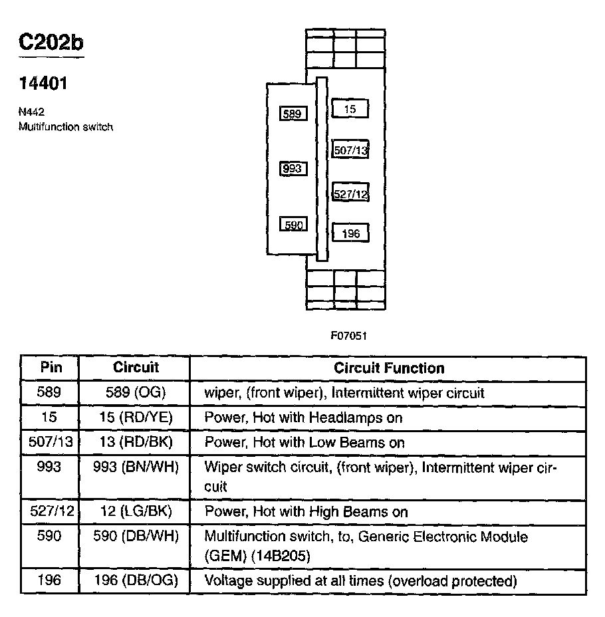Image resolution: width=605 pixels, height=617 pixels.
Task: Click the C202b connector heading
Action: click(x=51, y=43)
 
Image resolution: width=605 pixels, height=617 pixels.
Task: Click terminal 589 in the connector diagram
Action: click(x=293, y=114)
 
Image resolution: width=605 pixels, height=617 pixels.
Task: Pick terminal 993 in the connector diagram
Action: click(x=293, y=169)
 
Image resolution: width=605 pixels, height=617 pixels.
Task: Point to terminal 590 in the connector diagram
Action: click(x=293, y=225)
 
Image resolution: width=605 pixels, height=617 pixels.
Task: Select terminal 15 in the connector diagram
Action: click(x=350, y=109)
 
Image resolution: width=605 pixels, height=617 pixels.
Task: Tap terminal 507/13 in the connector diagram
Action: click(x=350, y=151)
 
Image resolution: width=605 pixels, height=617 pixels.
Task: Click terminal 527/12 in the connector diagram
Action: click(x=350, y=194)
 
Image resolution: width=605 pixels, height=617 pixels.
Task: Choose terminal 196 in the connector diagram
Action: click(x=350, y=233)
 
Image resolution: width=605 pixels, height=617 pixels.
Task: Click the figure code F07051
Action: click(x=349, y=336)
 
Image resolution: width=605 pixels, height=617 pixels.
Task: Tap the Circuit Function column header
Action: click(x=389, y=368)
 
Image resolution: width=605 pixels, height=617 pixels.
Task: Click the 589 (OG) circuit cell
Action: click(x=136, y=393)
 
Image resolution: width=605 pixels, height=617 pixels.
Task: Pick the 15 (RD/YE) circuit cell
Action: click(x=136, y=418)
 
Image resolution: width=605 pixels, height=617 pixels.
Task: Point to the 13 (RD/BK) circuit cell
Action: click(x=136, y=443)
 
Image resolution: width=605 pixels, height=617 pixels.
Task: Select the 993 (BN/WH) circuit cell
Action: click(x=136, y=467)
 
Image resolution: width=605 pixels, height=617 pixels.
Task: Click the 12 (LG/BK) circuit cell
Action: click(x=136, y=512)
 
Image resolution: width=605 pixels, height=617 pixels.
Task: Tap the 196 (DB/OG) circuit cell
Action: click(x=136, y=581)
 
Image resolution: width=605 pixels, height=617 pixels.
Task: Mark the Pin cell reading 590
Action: click(x=50, y=536)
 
